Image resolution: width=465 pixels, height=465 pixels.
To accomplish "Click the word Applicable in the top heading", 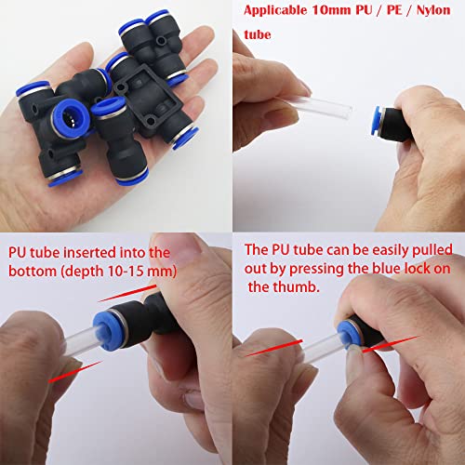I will click(276, 12).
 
